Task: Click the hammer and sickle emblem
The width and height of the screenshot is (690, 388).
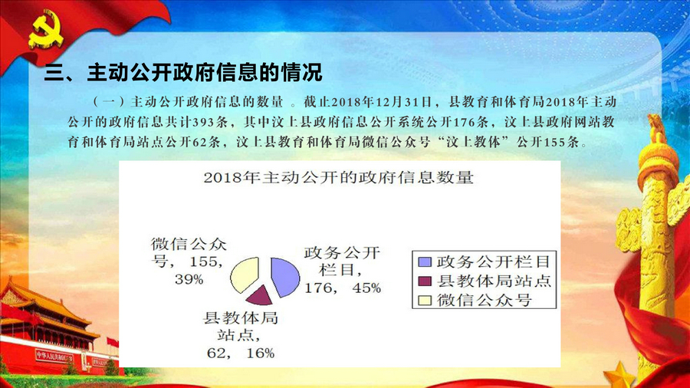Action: tap(45, 30)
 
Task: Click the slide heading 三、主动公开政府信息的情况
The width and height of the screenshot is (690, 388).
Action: tap(183, 73)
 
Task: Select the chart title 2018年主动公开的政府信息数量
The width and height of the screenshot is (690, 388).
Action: tap(338, 178)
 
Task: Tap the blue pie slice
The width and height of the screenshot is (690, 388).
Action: tap(284, 277)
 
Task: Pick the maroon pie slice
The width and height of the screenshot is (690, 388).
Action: tap(260, 296)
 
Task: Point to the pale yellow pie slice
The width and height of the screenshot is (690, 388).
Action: tap(245, 275)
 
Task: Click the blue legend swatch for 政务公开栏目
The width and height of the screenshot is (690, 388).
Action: tap(425, 261)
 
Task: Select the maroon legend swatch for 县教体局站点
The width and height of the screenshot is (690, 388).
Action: tap(425, 281)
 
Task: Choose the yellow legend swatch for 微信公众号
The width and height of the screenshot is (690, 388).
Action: tap(425, 301)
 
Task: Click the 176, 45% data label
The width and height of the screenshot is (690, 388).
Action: tap(343, 288)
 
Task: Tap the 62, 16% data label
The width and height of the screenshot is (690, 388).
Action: tap(241, 353)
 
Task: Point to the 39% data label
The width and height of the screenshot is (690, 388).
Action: tap(189, 279)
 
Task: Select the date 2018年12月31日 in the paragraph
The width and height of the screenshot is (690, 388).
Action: tap(382, 102)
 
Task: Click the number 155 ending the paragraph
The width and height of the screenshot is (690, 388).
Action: tap(557, 142)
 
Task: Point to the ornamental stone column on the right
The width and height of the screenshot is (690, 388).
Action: tap(651, 246)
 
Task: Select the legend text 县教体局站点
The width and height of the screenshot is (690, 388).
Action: tap(494, 281)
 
